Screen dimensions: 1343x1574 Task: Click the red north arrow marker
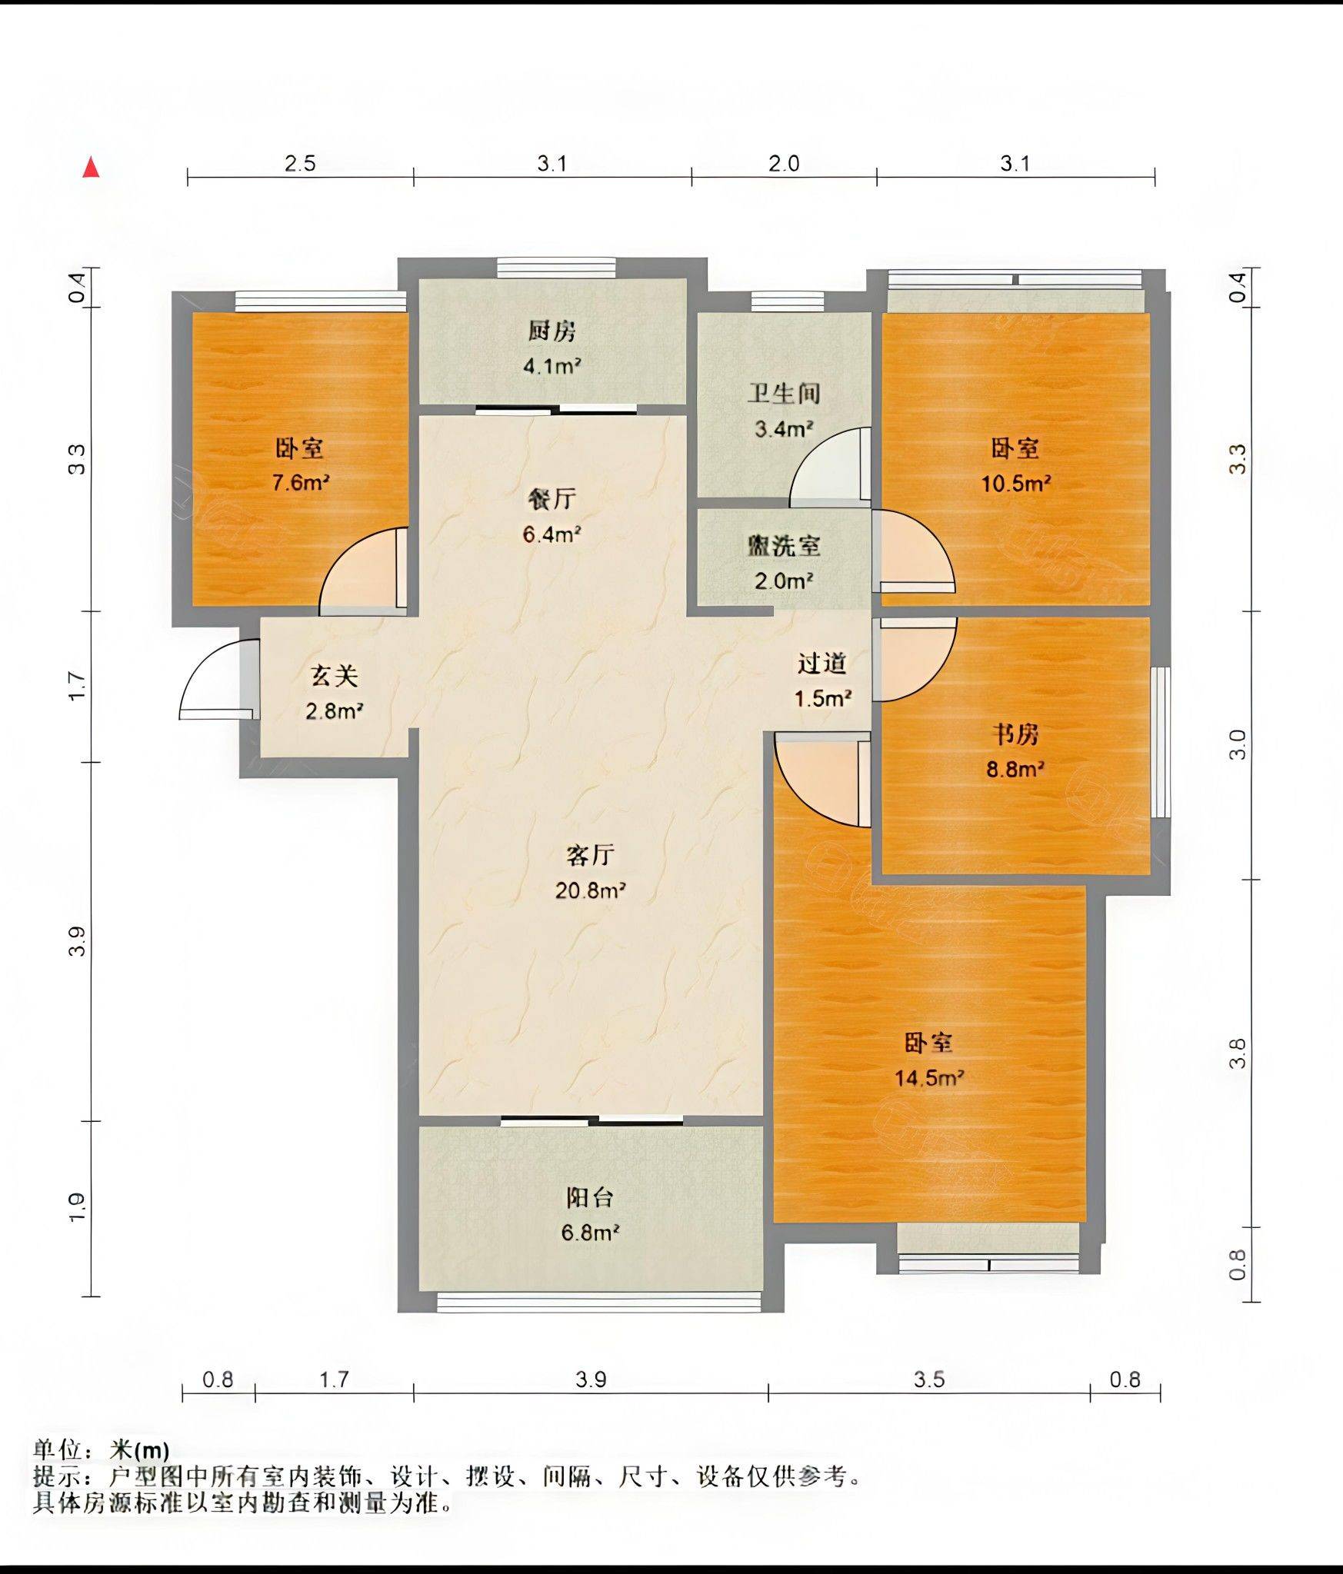(92, 167)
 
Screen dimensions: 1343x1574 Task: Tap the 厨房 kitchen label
(552, 331)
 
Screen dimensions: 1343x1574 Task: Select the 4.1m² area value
(552, 366)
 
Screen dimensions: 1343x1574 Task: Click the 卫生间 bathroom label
(784, 394)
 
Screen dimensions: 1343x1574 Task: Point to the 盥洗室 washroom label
(784, 546)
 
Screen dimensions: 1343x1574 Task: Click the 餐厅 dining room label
(552, 499)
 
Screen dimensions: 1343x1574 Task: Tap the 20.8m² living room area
(590, 890)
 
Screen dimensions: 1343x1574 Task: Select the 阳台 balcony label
(590, 1197)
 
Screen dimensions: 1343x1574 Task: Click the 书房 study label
(1015, 734)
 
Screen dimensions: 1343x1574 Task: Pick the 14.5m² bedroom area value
(929, 1077)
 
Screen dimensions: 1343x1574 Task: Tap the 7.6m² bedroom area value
(301, 483)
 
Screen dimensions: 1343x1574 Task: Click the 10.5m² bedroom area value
(1015, 483)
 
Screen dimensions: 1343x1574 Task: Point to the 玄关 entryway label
(335, 676)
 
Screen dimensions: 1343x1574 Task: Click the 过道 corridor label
(822, 663)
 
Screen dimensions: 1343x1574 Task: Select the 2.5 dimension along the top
(300, 163)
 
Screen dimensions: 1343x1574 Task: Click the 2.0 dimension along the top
(784, 163)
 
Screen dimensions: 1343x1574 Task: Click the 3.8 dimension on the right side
(1237, 1053)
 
